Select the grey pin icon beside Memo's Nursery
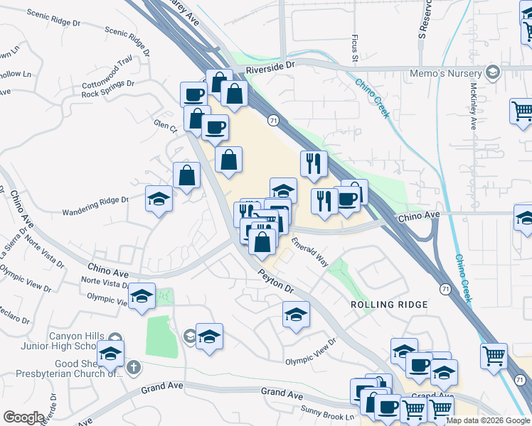coord(492,73)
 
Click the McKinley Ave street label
coord(474,106)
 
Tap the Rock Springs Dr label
coord(107,88)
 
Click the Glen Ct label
coord(165,125)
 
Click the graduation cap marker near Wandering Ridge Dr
coord(159,199)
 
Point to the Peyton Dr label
coord(276,279)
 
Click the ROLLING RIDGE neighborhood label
coord(389,305)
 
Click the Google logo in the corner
coord(23,417)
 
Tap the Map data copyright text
coord(488,420)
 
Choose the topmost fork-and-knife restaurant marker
coord(314,164)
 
